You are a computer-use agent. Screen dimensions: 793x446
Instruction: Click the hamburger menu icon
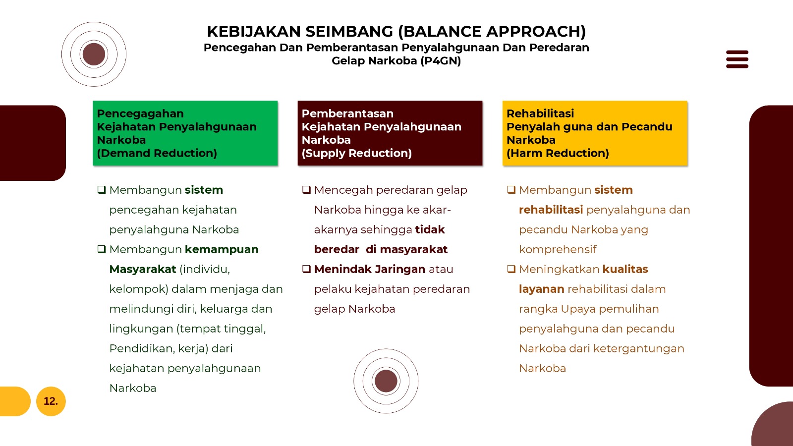click(x=737, y=59)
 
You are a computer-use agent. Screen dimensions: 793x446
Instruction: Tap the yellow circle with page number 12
click(x=51, y=401)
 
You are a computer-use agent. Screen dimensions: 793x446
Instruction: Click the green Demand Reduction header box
click(x=185, y=133)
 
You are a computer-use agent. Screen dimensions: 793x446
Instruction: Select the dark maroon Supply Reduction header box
click(x=390, y=133)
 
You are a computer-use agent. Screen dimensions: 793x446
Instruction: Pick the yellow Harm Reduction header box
click(x=595, y=133)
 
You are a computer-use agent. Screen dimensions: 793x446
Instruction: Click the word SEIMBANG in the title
click(x=349, y=32)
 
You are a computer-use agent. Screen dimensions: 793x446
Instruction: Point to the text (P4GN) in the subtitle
click(x=441, y=61)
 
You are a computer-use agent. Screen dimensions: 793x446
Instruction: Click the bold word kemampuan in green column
click(x=222, y=250)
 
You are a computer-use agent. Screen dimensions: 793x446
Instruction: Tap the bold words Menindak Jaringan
click(x=370, y=270)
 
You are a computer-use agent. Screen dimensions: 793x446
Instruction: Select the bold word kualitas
click(x=625, y=270)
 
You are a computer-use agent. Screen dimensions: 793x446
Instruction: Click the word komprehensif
click(x=558, y=250)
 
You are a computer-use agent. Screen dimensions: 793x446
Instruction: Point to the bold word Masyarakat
click(x=143, y=270)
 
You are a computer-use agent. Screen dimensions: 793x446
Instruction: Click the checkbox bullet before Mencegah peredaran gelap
click(x=306, y=190)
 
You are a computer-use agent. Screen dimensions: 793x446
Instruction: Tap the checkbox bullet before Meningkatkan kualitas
click(x=511, y=269)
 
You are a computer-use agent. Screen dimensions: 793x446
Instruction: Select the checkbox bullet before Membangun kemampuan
click(x=102, y=249)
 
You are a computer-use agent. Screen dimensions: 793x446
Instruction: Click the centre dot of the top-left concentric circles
click(x=94, y=54)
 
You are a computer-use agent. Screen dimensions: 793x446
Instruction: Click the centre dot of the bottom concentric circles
click(x=386, y=381)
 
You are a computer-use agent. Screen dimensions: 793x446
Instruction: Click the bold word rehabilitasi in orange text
click(x=551, y=210)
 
